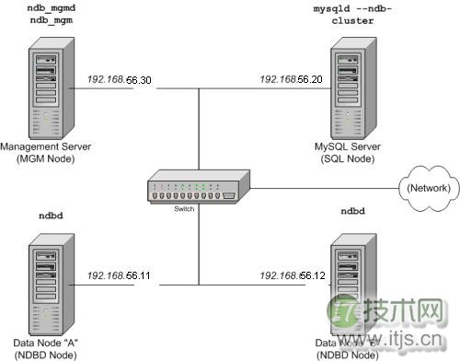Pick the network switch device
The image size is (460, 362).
198,190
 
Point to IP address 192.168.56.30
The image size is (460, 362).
119,80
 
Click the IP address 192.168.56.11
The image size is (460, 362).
119,275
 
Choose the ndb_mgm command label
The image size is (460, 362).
43,18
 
